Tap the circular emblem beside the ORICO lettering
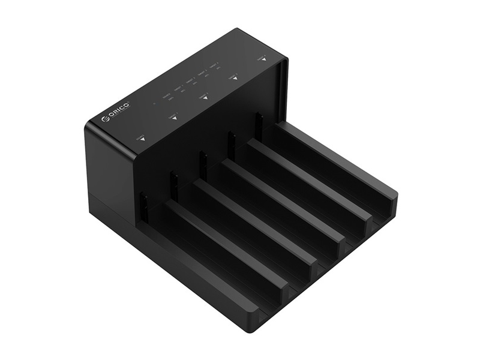106,119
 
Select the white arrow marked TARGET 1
174,118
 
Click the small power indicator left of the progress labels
154,103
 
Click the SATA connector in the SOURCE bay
143,206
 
